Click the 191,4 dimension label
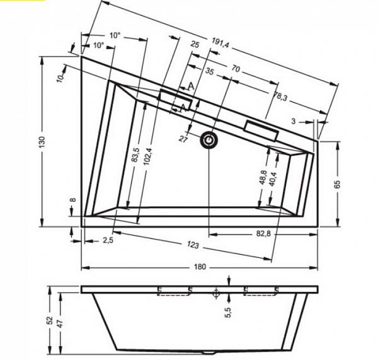pyautogui.click(x=220, y=43)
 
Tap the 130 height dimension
pyautogui.click(x=42, y=142)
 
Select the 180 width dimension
pyautogui.click(x=200, y=267)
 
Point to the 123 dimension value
pyautogui.click(x=193, y=245)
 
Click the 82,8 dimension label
pyautogui.click(x=263, y=233)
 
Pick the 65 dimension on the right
pyautogui.click(x=338, y=184)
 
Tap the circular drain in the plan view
pyautogui.click(x=209, y=140)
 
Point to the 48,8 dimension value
pyautogui.click(x=263, y=177)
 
